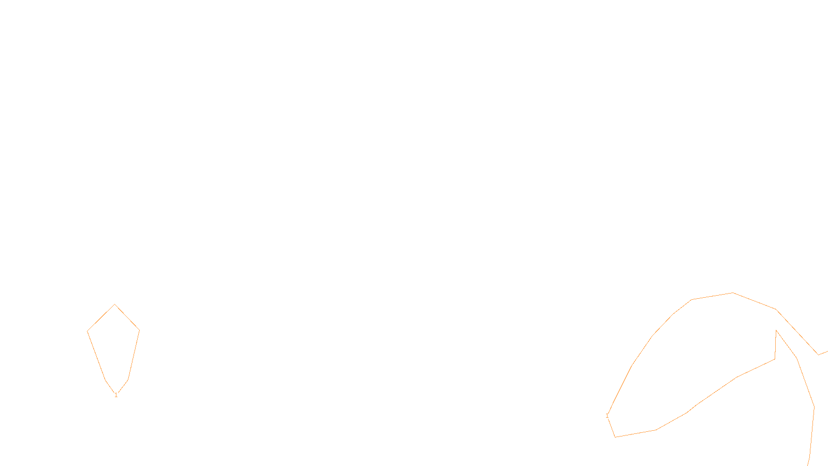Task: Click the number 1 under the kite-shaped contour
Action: (x=116, y=395)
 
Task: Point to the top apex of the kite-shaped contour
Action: (x=115, y=304)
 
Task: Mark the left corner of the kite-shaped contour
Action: (x=87, y=331)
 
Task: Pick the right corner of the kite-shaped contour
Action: (x=140, y=330)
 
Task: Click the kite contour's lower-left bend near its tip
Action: (x=106, y=380)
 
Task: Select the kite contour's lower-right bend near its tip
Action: (x=128, y=379)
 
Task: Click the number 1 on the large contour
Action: (x=607, y=416)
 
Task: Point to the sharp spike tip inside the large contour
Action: (x=776, y=330)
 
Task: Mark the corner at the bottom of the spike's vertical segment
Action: (x=775, y=359)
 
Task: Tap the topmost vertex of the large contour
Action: (x=733, y=293)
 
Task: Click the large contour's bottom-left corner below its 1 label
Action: (x=615, y=437)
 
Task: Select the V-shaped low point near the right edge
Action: (x=818, y=355)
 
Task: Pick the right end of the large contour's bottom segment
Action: (x=656, y=430)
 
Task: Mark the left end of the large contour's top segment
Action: (x=691, y=299)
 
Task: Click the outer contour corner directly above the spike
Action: (x=776, y=309)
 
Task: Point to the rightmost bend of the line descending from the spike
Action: (x=814, y=406)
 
